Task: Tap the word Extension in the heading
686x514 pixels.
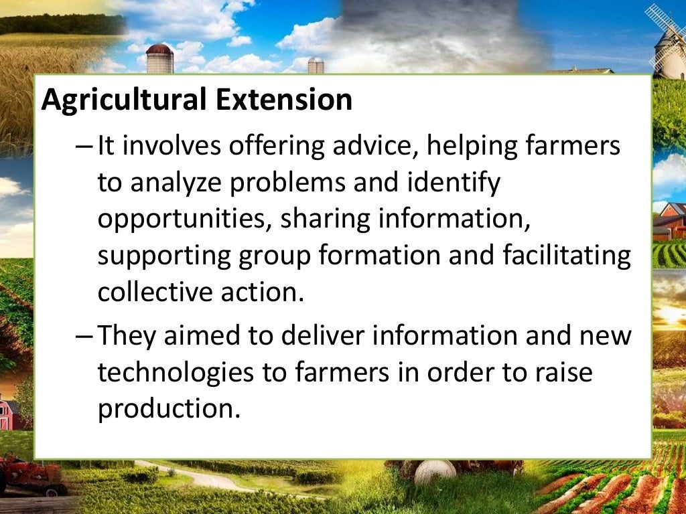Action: tap(284, 100)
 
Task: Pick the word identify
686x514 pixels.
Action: tap(456, 183)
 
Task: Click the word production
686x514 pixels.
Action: tap(168, 408)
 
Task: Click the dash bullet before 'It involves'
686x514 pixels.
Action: tap(86, 146)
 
